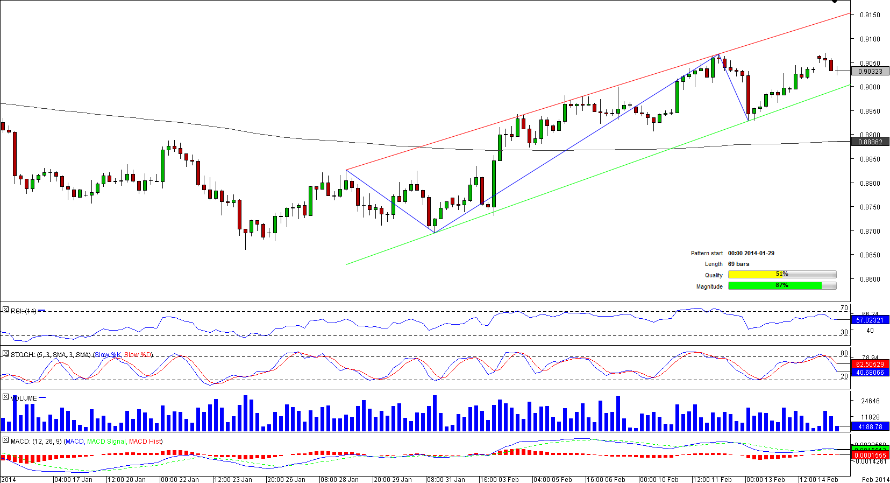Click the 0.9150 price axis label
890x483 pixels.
coord(870,15)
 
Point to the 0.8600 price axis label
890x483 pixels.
coord(870,279)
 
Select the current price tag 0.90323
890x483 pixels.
coord(870,72)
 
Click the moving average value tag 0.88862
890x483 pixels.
coord(870,142)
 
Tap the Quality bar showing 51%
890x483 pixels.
coord(782,275)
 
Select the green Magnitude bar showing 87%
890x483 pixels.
coord(775,286)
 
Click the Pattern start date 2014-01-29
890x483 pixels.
coord(751,253)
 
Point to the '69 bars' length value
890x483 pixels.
coord(738,264)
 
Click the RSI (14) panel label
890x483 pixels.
coord(24,311)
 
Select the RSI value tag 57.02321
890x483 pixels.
coord(870,320)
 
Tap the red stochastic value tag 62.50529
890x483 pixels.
coord(870,365)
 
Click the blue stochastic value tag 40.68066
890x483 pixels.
coord(870,373)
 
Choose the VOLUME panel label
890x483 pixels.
coord(24,398)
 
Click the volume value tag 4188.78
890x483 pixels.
coord(870,427)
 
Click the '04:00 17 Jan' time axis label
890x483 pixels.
coord(74,479)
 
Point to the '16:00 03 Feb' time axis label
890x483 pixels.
coord(500,479)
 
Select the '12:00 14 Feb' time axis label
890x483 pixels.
coord(819,479)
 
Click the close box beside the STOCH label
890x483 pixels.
coord(5,354)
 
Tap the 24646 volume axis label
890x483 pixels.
coord(870,401)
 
